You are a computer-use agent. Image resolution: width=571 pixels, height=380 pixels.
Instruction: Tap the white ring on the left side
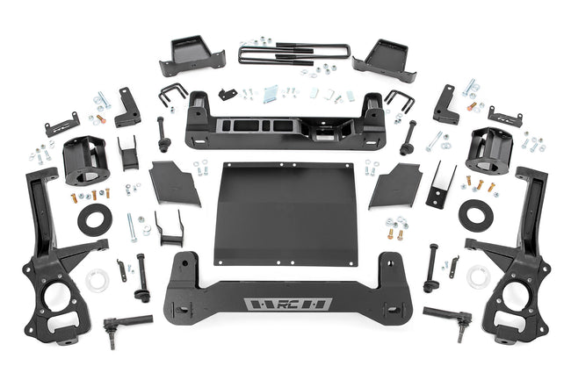pyautogui.click(x=97, y=279)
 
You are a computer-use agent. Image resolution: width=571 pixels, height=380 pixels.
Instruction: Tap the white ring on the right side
pyautogui.click(x=479, y=276)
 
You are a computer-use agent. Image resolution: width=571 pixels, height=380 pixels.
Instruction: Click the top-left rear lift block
pyautogui.click(x=191, y=56)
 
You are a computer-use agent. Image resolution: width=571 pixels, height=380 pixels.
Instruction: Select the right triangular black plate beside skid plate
pyautogui.click(x=397, y=183)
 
